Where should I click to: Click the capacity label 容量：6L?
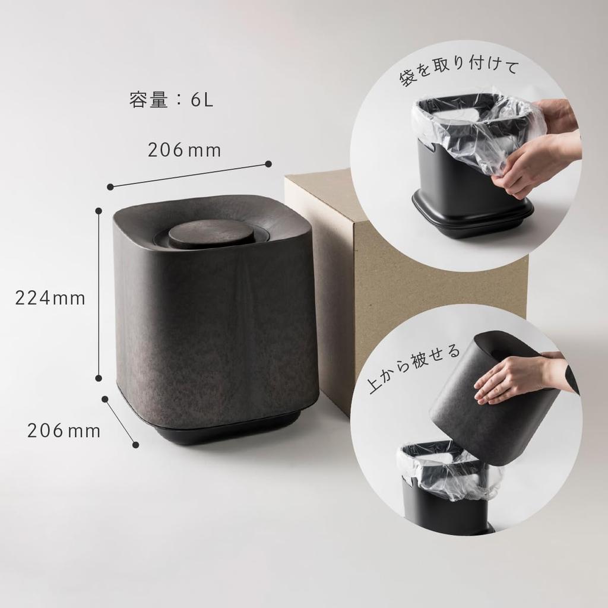171,100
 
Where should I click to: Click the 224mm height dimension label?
50,298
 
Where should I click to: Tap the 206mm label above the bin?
184,151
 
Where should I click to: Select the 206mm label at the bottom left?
64,431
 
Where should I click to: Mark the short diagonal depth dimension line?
121,422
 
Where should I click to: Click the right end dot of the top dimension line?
268,164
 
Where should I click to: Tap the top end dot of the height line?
99,210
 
